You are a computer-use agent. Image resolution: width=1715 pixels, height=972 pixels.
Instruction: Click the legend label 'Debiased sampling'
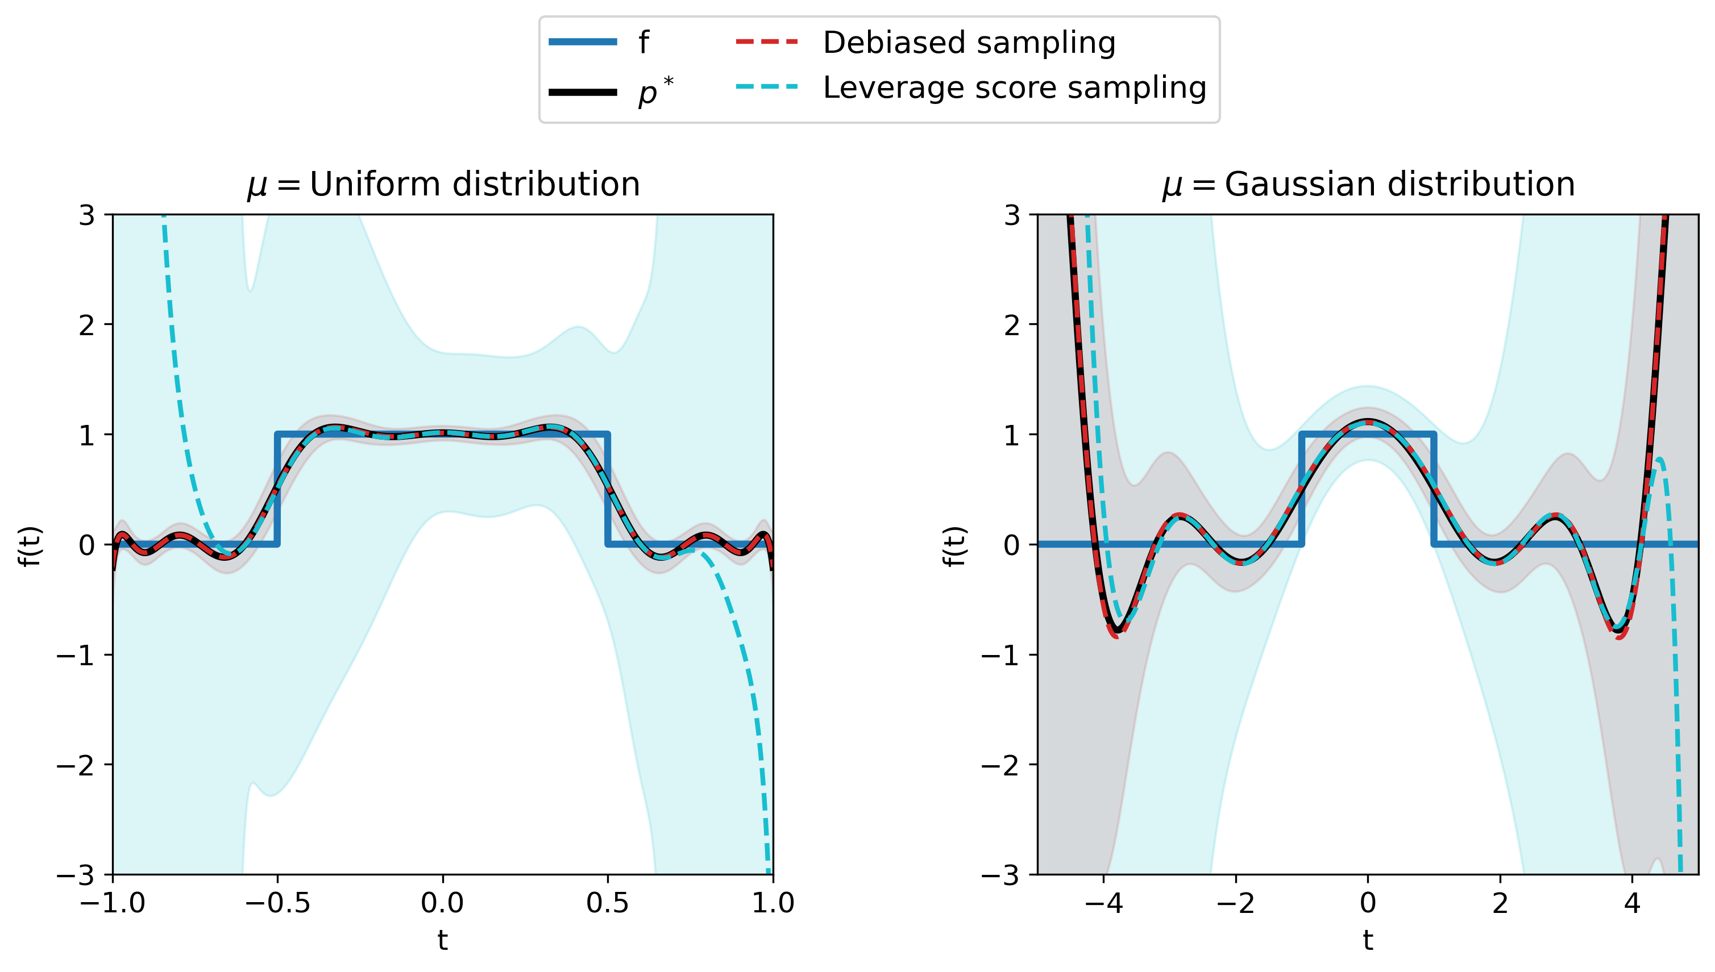[969, 43]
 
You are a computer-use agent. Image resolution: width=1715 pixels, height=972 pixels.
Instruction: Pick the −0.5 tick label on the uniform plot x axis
[277, 903]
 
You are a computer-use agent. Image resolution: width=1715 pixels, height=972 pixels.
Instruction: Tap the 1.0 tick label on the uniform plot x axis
[773, 903]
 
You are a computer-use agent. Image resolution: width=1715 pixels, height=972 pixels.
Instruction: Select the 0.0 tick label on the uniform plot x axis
[442, 903]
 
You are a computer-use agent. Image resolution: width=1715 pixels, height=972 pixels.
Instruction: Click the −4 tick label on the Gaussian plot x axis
[1103, 903]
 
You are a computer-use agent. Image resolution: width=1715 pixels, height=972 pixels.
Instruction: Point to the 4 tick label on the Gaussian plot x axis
[1632, 903]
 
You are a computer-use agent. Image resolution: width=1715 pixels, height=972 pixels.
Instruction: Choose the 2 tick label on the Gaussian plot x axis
[1500, 903]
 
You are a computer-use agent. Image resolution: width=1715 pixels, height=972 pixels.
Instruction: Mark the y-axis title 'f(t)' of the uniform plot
[30, 545]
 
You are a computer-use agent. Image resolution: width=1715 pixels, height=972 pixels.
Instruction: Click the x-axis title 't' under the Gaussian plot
[1368, 941]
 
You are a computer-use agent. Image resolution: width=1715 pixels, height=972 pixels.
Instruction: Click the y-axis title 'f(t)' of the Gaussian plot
[954, 545]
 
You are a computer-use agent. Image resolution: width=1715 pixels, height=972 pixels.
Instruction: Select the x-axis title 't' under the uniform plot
[442, 941]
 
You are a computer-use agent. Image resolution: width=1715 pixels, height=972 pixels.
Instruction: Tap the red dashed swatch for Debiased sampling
[767, 42]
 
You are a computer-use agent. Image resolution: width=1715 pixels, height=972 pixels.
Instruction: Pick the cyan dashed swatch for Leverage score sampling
[767, 87]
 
